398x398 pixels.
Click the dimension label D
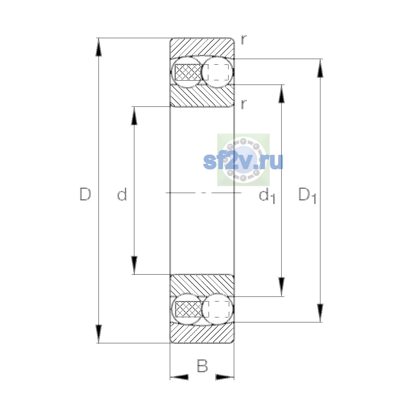pyautogui.click(x=85, y=194)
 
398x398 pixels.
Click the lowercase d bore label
pyautogui.click(x=122, y=194)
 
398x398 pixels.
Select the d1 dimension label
pyautogui.click(x=267, y=195)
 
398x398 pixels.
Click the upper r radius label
pyautogui.click(x=244, y=40)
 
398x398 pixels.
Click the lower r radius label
pyautogui.click(x=244, y=104)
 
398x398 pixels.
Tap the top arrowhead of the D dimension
pyautogui.click(x=99, y=47)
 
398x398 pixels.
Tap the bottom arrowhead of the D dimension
pyautogui.click(x=99, y=334)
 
